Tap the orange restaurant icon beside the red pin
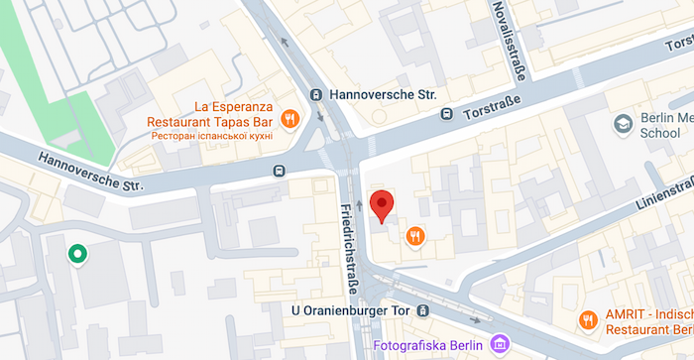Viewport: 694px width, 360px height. [415, 236]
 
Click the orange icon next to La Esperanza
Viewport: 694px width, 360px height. [289, 119]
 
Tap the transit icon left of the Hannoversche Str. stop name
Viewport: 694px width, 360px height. [316, 95]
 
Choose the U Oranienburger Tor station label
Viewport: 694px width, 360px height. [351, 311]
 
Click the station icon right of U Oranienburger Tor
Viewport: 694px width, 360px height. [423, 311]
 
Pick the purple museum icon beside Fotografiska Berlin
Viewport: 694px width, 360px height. [500, 344]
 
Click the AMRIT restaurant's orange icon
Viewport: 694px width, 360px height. [587, 319]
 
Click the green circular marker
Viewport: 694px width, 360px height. [76, 255]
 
